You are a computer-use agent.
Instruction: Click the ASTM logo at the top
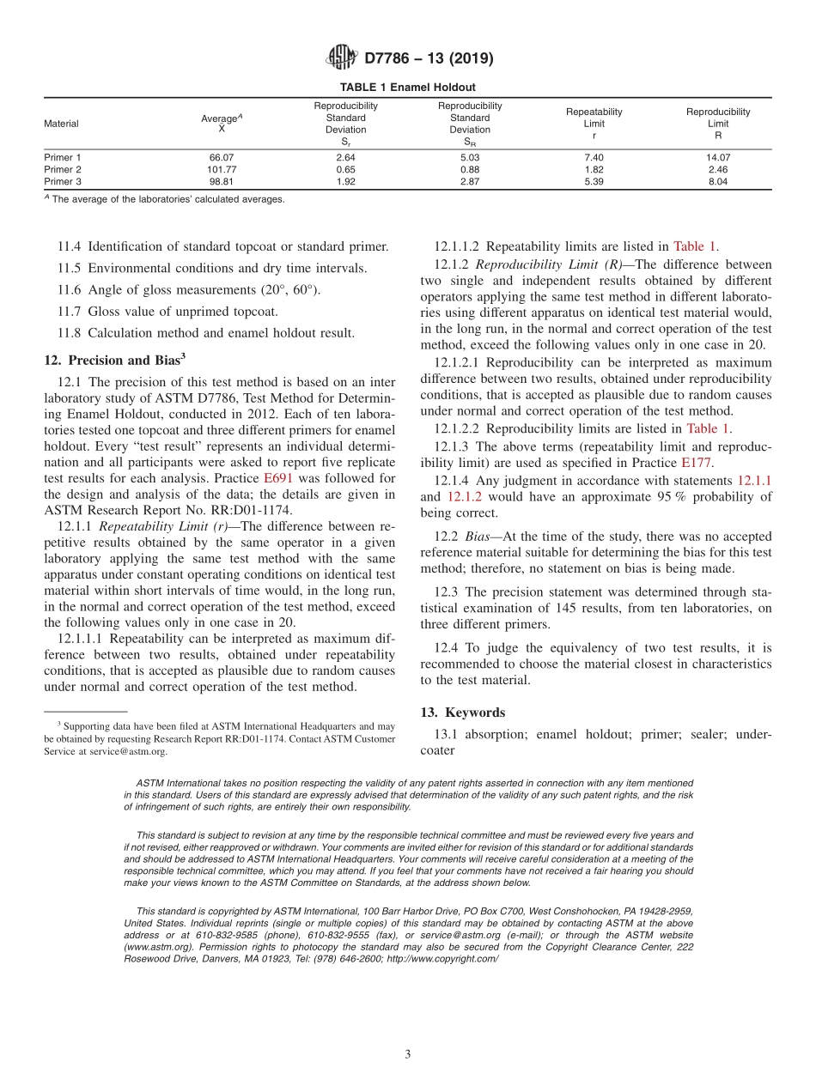[x=342, y=58]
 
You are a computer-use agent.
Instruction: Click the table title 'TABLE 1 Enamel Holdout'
[x=407, y=88]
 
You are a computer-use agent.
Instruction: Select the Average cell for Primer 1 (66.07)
[x=222, y=158]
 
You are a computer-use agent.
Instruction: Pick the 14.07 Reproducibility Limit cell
[x=717, y=158]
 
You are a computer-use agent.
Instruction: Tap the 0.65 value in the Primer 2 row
[x=345, y=170]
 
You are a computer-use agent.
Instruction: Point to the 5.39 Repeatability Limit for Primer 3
[x=594, y=182]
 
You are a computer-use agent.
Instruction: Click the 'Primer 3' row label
[x=63, y=182]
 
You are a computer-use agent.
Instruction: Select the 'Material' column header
[x=61, y=124]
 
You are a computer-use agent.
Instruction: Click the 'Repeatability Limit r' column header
[x=594, y=124]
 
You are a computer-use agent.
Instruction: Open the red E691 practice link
[x=280, y=478]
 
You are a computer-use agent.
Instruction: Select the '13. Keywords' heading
[x=462, y=713]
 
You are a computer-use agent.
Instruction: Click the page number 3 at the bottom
[x=408, y=1054]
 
